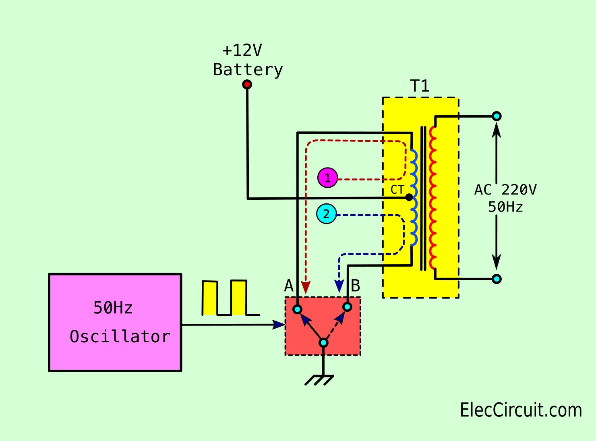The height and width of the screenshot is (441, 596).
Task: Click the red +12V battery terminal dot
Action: [x=247, y=85]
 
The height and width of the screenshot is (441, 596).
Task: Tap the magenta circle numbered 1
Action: [x=327, y=178]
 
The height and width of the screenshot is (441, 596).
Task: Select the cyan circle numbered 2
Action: [x=327, y=214]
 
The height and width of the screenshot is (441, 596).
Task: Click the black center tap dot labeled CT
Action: [x=409, y=197]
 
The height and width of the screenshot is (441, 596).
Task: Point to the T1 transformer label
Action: [x=419, y=86]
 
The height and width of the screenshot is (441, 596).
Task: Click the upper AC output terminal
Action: [x=497, y=116]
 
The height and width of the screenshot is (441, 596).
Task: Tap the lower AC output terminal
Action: [x=497, y=279]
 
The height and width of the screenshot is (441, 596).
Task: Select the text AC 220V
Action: [x=505, y=190]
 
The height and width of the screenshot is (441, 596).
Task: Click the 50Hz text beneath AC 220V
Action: [x=505, y=207]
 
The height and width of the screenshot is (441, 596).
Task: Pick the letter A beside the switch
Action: [x=289, y=286]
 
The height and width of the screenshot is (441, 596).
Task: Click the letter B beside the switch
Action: [x=355, y=286]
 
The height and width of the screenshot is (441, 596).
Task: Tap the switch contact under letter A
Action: [x=297, y=309]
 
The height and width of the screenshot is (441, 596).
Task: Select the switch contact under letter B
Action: [x=347, y=307]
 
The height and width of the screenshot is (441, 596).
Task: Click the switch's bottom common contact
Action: [x=323, y=343]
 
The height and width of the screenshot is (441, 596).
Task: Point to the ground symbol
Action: [x=319, y=380]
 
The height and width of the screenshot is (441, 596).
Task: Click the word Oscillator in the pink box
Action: [x=120, y=336]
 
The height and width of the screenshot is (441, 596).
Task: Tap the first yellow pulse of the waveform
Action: [x=209, y=298]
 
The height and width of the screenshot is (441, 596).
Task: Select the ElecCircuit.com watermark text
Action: [x=521, y=410]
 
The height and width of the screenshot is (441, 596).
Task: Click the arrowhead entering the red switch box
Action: [x=279, y=325]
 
